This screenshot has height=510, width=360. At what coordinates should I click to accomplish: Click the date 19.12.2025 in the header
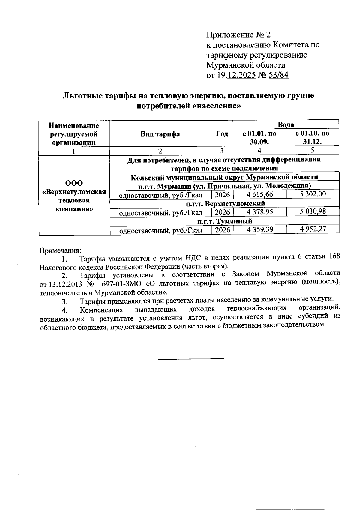click(236, 75)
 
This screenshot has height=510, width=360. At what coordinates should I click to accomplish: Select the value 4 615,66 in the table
click(260, 194)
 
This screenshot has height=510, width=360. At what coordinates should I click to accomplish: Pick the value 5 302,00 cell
click(313, 194)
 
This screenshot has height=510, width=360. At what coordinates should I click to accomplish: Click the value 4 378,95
click(260, 212)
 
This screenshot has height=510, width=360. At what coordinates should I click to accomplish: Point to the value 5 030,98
click(313, 211)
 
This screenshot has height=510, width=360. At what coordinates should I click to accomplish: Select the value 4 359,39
click(260, 229)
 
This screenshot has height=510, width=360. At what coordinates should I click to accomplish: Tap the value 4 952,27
click(313, 229)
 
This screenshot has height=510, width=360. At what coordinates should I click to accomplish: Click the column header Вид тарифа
click(160, 134)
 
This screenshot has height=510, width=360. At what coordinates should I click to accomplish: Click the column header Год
click(222, 134)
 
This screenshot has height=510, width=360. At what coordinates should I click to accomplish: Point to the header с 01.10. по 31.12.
click(312, 137)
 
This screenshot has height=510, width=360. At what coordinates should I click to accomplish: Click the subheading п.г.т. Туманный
click(225, 221)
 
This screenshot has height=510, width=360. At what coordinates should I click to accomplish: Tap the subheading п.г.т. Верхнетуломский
click(225, 203)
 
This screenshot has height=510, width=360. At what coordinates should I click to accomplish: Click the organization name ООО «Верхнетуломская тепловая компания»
click(74, 196)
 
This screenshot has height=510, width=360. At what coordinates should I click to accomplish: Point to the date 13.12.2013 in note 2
click(64, 284)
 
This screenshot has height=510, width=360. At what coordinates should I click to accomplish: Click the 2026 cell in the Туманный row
click(222, 230)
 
